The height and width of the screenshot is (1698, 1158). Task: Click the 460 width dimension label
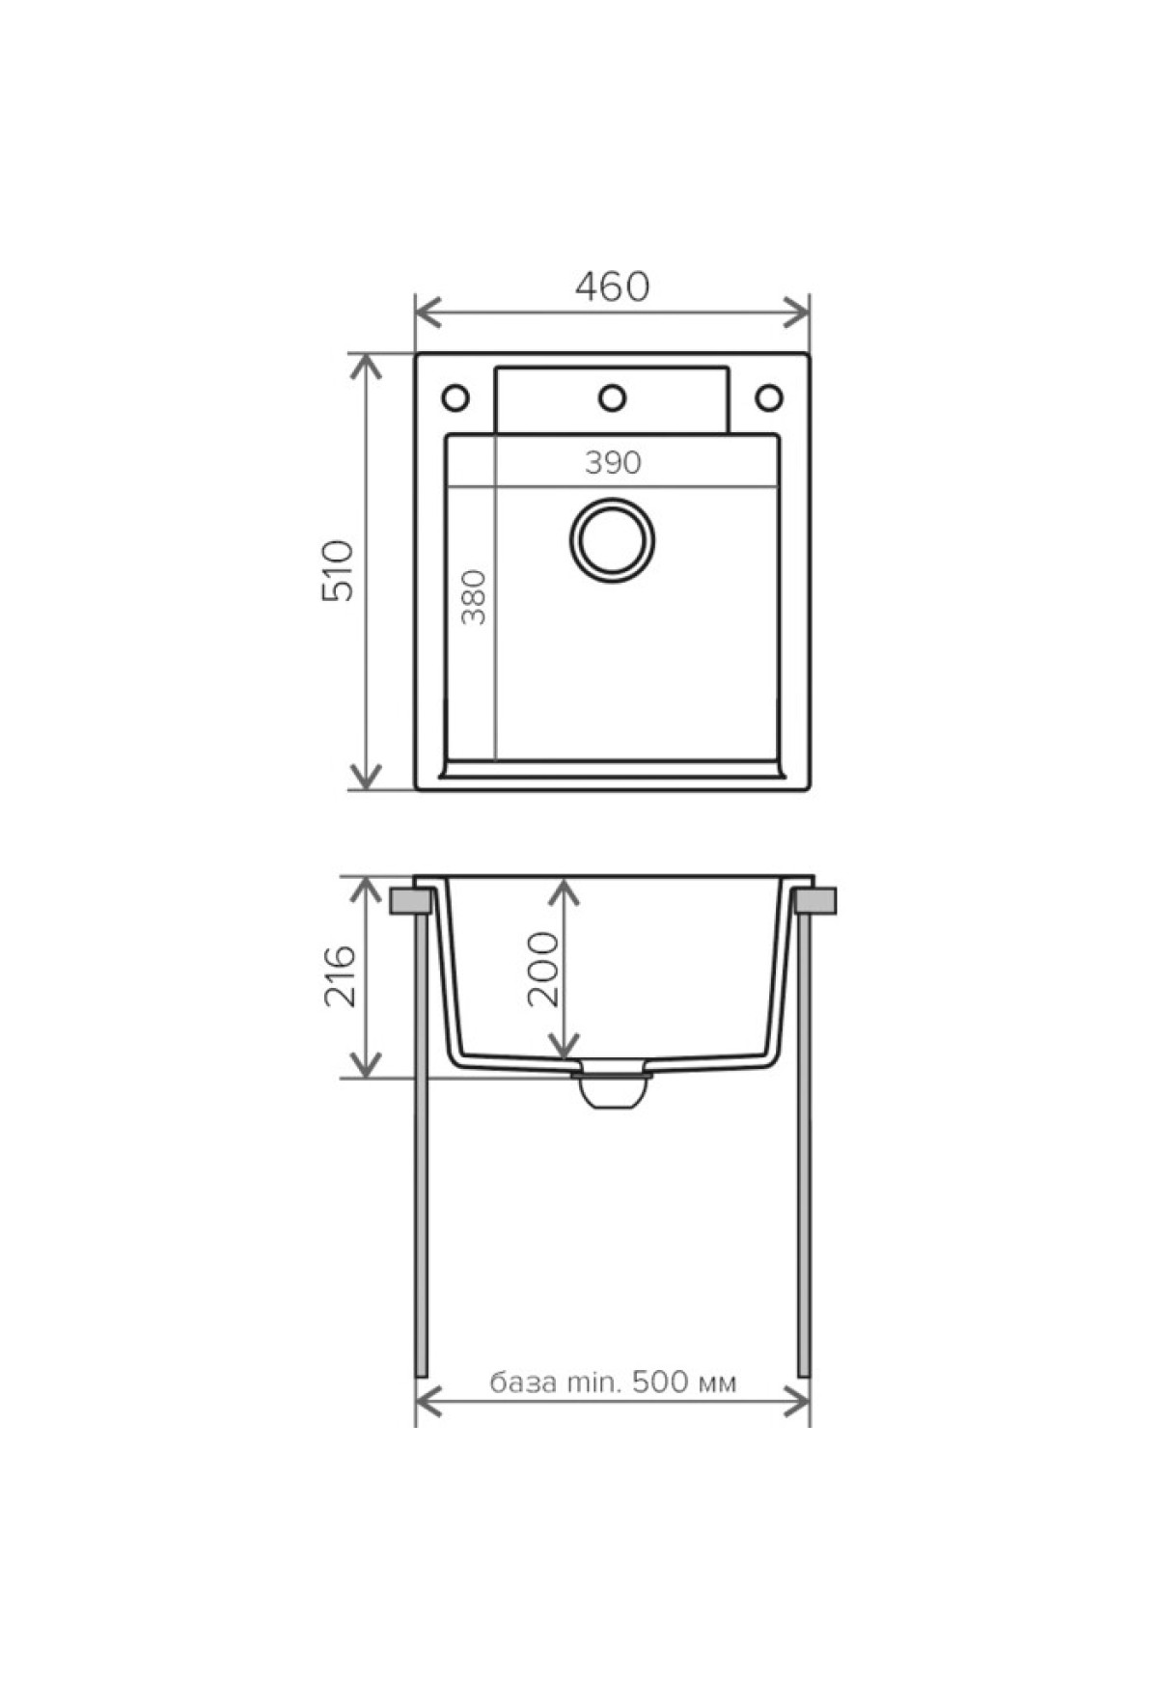(x=612, y=287)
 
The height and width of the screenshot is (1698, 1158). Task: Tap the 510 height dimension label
(x=339, y=571)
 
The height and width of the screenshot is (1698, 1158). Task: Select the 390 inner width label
(x=613, y=463)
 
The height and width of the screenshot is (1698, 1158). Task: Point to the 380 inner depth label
(x=475, y=598)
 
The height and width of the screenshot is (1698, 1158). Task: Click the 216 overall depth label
(x=339, y=976)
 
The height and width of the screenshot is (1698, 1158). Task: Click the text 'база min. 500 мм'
(x=613, y=1383)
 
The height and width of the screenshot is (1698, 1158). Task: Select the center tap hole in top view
(x=613, y=397)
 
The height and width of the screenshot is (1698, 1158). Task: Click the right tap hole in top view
(x=769, y=397)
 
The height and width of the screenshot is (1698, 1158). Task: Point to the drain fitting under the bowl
(x=611, y=1088)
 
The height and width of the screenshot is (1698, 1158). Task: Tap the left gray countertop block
(x=412, y=901)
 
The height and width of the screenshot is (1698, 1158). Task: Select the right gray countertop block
(x=815, y=901)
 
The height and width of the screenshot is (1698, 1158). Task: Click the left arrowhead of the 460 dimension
(x=428, y=313)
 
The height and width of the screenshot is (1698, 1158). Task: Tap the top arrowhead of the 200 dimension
(x=565, y=892)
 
